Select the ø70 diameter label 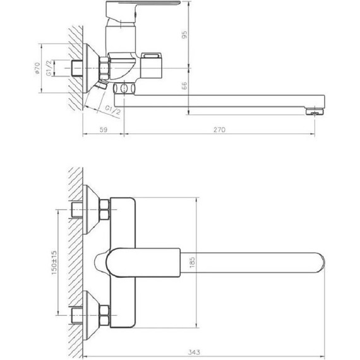coord(39,69)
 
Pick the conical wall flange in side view coord(91,66)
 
